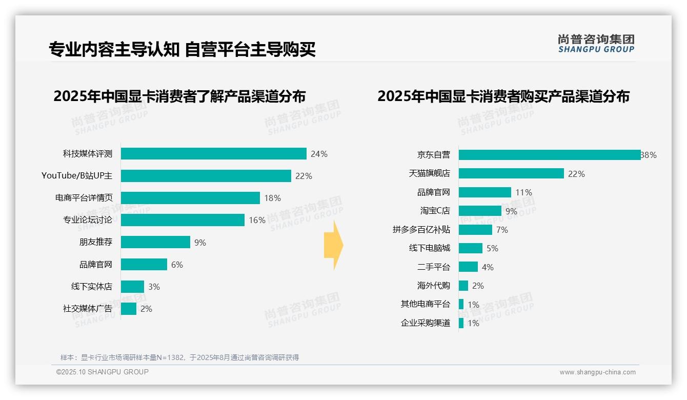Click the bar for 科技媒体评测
(213, 154)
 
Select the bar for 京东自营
(549, 155)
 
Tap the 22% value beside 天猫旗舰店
(576, 174)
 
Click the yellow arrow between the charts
(333, 245)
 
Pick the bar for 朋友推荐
(155, 242)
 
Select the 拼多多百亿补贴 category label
(421, 230)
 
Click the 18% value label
(272, 198)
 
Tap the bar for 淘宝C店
(480, 211)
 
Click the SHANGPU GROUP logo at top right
(596, 44)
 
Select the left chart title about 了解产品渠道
(179, 96)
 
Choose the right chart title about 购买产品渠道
(503, 96)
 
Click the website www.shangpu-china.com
(597, 372)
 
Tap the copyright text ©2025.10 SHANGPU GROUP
(103, 372)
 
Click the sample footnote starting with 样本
(179, 357)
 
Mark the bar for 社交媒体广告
(129, 309)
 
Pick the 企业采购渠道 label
(426, 323)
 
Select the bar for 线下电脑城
(470, 248)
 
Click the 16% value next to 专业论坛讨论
(257, 220)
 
